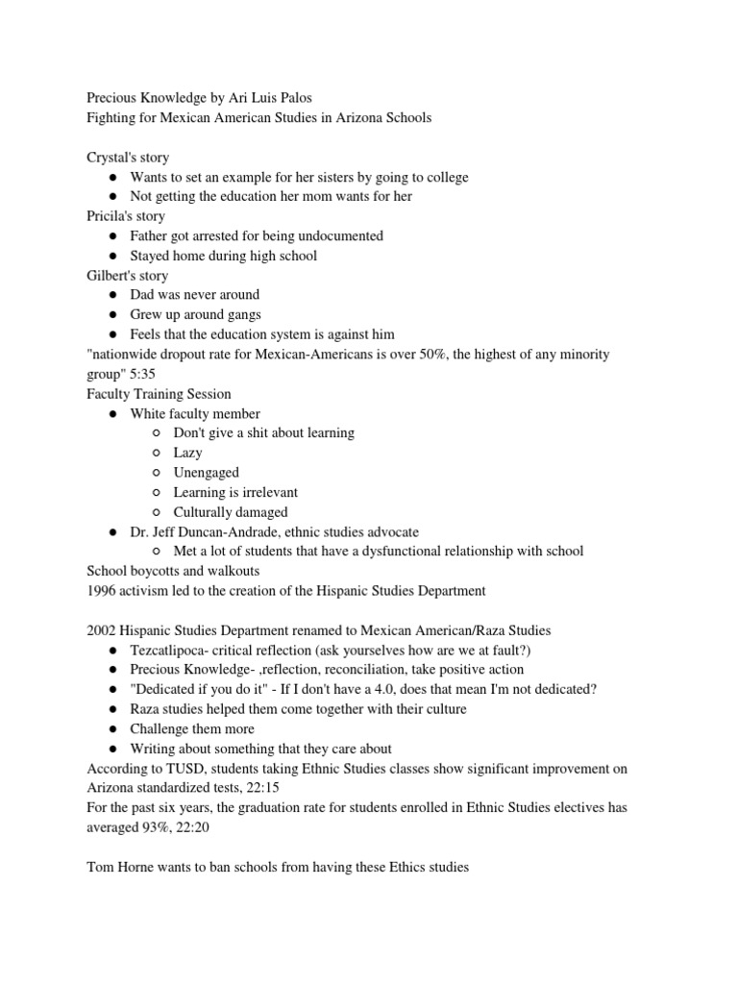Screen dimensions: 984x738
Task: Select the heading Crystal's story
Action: click(x=127, y=158)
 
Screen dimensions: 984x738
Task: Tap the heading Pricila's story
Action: click(x=125, y=216)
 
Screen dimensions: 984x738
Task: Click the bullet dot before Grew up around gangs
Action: click(x=112, y=315)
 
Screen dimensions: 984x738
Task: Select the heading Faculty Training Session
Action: click(x=159, y=394)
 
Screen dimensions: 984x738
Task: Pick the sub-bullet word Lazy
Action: click(x=187, y=453)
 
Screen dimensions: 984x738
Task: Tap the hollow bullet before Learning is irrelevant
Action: click(x=156, y=493)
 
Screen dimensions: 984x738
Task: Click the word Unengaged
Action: click(x=206, y=473)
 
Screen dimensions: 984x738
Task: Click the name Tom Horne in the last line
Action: click(x=124, y=867)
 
